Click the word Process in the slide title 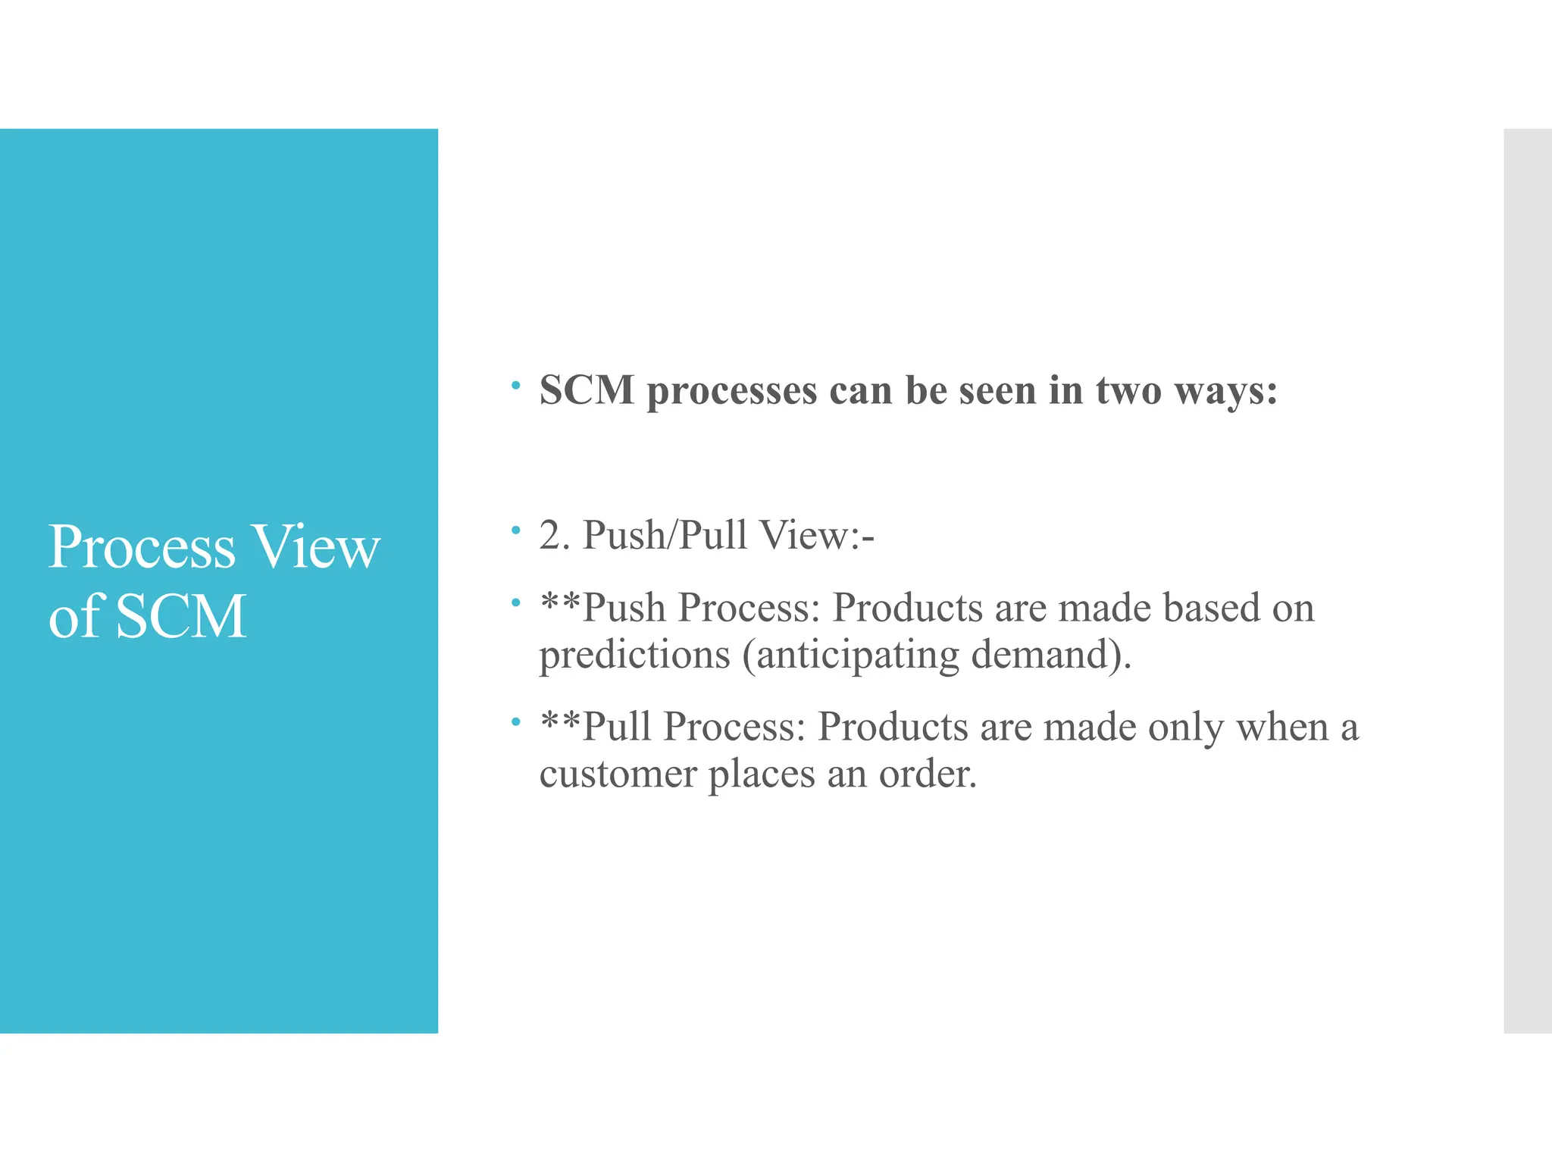coord(142,547)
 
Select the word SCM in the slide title coord(181,616)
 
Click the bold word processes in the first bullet coord(731,392)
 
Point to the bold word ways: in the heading coord(1225,392)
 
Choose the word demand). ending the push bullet coord(1051,654)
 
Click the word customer coord(618,774)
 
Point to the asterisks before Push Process coord(560,603)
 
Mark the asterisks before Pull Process coord(560,722)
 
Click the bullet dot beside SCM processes coord(515,386)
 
